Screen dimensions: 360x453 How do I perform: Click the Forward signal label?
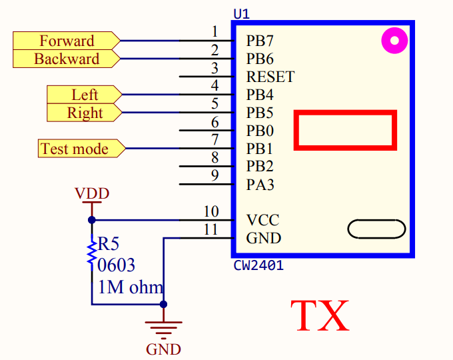(67, 41)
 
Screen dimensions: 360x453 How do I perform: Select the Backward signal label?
(67, 59)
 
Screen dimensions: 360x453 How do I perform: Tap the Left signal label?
(85, 95)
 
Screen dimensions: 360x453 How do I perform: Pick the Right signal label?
(85, 113)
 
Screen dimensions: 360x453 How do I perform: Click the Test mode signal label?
(75, 149)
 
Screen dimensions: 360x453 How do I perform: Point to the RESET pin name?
(270, 77)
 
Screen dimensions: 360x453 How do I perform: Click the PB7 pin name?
(260, 41)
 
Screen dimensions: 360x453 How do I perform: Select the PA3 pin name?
(260, 185)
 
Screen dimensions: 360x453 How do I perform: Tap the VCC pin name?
(262, 220)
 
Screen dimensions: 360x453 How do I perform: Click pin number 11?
(211, 229)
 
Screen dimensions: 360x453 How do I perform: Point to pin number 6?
(215, 122)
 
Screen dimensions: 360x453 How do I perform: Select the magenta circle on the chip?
(394, 41)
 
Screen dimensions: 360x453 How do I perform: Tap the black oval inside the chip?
(376, 229)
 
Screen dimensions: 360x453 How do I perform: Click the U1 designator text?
(242, 13)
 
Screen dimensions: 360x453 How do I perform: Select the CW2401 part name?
(258, 265)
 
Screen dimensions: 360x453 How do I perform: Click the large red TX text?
(320, 316)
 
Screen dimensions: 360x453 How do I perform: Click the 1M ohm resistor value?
(130, 288)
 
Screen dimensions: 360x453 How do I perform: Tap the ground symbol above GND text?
(163, 329)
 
